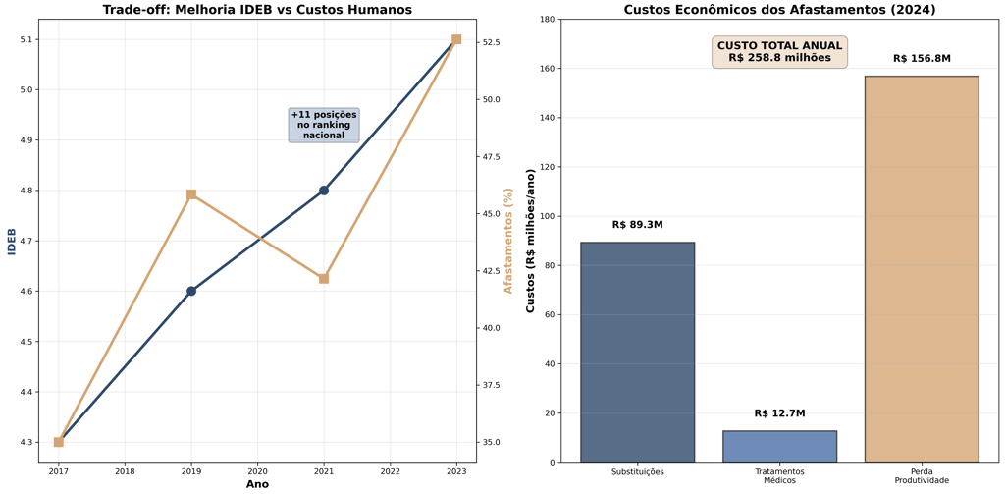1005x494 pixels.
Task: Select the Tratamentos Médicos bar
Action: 779,446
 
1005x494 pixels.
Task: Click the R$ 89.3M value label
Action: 637,225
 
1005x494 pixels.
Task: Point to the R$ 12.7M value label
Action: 779,413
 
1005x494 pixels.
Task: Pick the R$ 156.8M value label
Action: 921,59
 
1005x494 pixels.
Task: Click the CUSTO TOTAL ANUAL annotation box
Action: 779,52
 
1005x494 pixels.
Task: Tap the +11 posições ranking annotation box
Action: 324,125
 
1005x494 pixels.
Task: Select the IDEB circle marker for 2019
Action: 191,291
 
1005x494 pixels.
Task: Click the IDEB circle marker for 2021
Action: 324,191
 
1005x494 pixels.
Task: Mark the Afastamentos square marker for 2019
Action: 191,194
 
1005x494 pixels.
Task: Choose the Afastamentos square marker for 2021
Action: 324,279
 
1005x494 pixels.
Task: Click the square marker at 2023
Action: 456,39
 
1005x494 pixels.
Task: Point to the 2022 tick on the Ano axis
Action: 391,471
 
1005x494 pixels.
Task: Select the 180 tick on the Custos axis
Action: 545,20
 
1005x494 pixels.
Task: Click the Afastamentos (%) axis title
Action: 508,241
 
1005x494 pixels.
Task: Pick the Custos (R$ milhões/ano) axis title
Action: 531,241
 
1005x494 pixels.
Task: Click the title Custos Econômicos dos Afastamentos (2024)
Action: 779,10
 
